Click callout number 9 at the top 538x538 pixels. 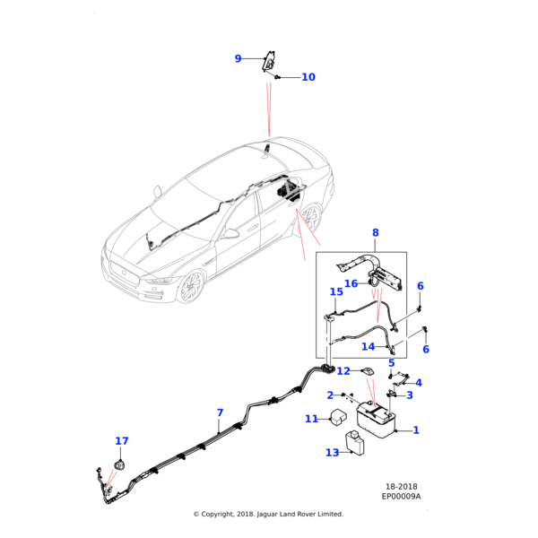coord(239,59)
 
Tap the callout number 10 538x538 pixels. coord(308,77)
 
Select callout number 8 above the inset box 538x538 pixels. coord(375,233)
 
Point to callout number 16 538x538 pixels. coord(351,283)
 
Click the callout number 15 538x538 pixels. coord(336,292)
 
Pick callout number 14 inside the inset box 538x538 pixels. coord(368,347)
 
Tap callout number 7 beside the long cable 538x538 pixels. coord(220,413)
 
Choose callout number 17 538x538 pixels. coord(122,441)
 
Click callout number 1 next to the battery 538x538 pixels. coord(415,430)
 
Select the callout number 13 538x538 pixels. coord(332,453)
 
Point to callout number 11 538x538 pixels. coord(311,419)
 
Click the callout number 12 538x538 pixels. coord(343,371)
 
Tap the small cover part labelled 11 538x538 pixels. coord(340,417)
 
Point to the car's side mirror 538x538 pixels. coord(231,234)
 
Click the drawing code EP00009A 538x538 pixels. coord(401,496)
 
